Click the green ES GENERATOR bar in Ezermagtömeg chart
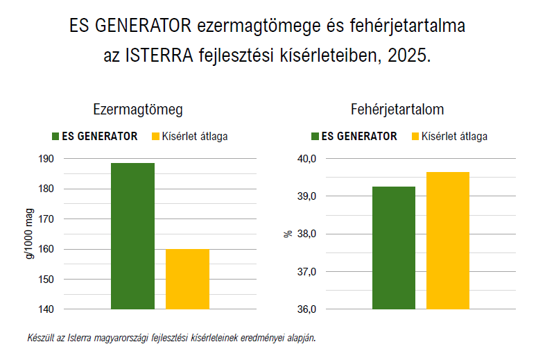132,236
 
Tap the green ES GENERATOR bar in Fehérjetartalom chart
393,248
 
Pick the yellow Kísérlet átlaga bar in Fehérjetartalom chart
447,241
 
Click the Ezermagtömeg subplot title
138,110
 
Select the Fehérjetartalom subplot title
398,110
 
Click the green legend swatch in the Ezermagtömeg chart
55,137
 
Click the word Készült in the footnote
39,338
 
